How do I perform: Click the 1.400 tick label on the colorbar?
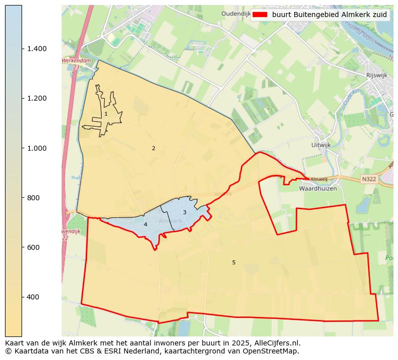37,49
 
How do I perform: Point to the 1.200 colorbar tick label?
37,98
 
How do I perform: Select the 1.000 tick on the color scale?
37,148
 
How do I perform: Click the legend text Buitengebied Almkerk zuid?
329,15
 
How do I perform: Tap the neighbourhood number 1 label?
106,114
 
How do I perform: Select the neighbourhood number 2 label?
153,148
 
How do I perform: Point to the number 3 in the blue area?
184,213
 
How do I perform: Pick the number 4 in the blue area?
145,225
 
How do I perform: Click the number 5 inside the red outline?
234,262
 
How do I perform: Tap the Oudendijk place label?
235,14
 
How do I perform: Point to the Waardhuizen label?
318,189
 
